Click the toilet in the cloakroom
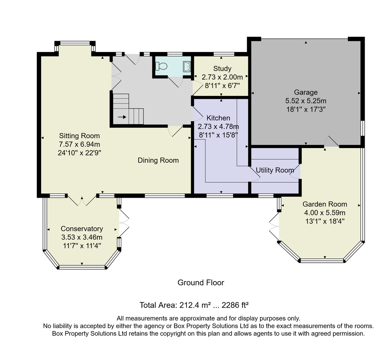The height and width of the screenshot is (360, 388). tap(161, 66)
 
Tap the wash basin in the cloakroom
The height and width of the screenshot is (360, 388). tap(187, 67)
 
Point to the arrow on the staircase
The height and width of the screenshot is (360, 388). tap(122, 117)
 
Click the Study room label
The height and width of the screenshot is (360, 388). tap(222, 69)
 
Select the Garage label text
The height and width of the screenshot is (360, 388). tap(306, 92)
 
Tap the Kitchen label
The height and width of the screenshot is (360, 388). tap(218, 118)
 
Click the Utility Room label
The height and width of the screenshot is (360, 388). tap(275, 170)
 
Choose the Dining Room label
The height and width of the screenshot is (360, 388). tap(158, 160)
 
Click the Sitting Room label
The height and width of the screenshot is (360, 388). tap(80, 136)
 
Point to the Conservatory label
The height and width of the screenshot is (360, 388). tap(82, 228)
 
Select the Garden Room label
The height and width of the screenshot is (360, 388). tap(325, 204)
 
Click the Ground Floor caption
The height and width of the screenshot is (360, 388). tap(201, 283)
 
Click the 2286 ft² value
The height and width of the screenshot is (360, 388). tap(235, 305)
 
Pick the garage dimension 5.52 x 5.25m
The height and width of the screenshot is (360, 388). tap(306, 101)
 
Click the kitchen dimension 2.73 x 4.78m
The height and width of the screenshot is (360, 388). tap(218, 127)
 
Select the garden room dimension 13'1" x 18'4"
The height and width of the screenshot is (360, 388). tap(325, 221)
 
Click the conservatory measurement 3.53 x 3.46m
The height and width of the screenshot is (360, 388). tap(82, 237)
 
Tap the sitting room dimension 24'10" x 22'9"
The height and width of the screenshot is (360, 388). tap(80, 153)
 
